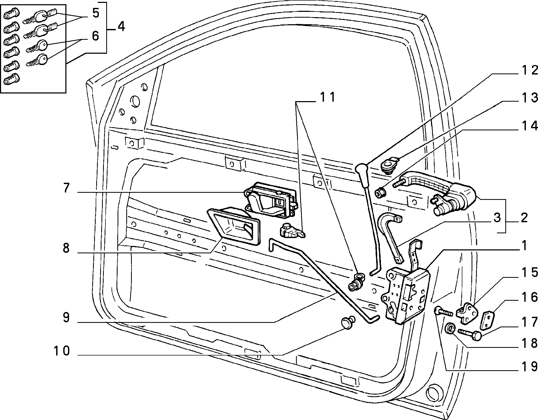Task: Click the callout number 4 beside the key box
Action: (x=121, y=27)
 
